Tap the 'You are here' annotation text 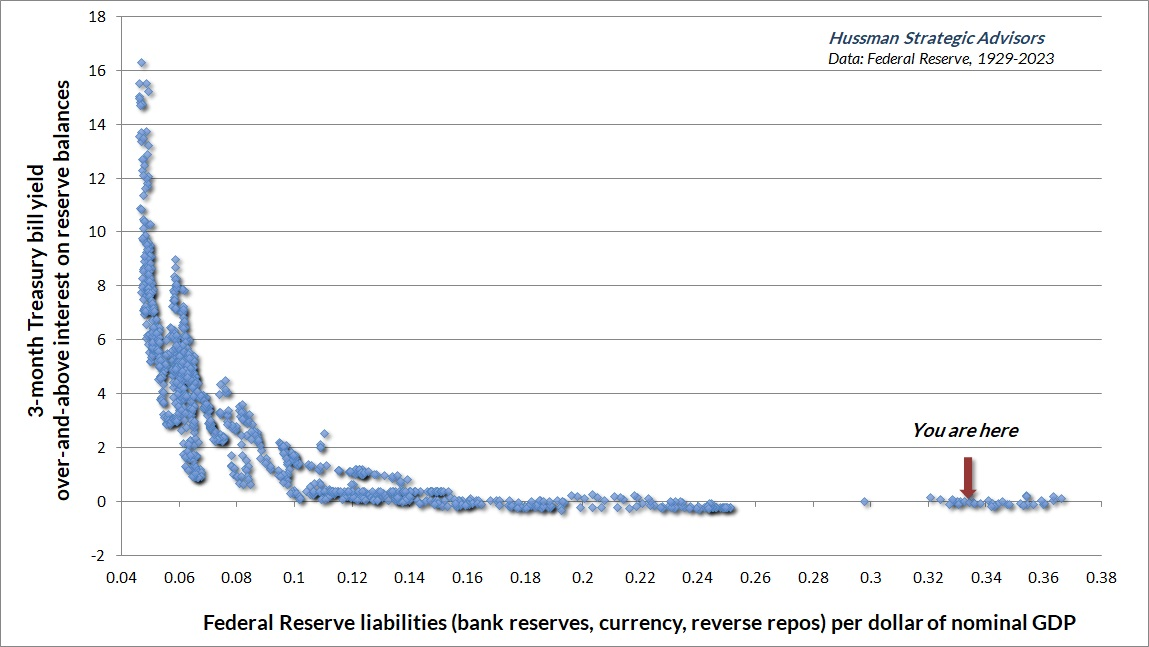[x=964, y=431]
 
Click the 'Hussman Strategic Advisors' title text [x=936, y=38]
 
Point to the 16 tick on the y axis [x=98, y=70]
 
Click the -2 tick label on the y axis [x=98, y=555]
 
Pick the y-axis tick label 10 [x=98, y=232]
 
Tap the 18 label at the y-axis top [x=98, y=17]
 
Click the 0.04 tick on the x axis [x=122, y=578]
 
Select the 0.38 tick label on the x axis [x=1102, y=578]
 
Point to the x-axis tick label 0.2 [x=583, y=578]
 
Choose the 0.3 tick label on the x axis [x=871, y=578]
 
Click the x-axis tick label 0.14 [x=410, y=578]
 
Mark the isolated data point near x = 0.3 [x=865, y=502]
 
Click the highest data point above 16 [x=142, y=64]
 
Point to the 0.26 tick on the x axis [x=756, y=578]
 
